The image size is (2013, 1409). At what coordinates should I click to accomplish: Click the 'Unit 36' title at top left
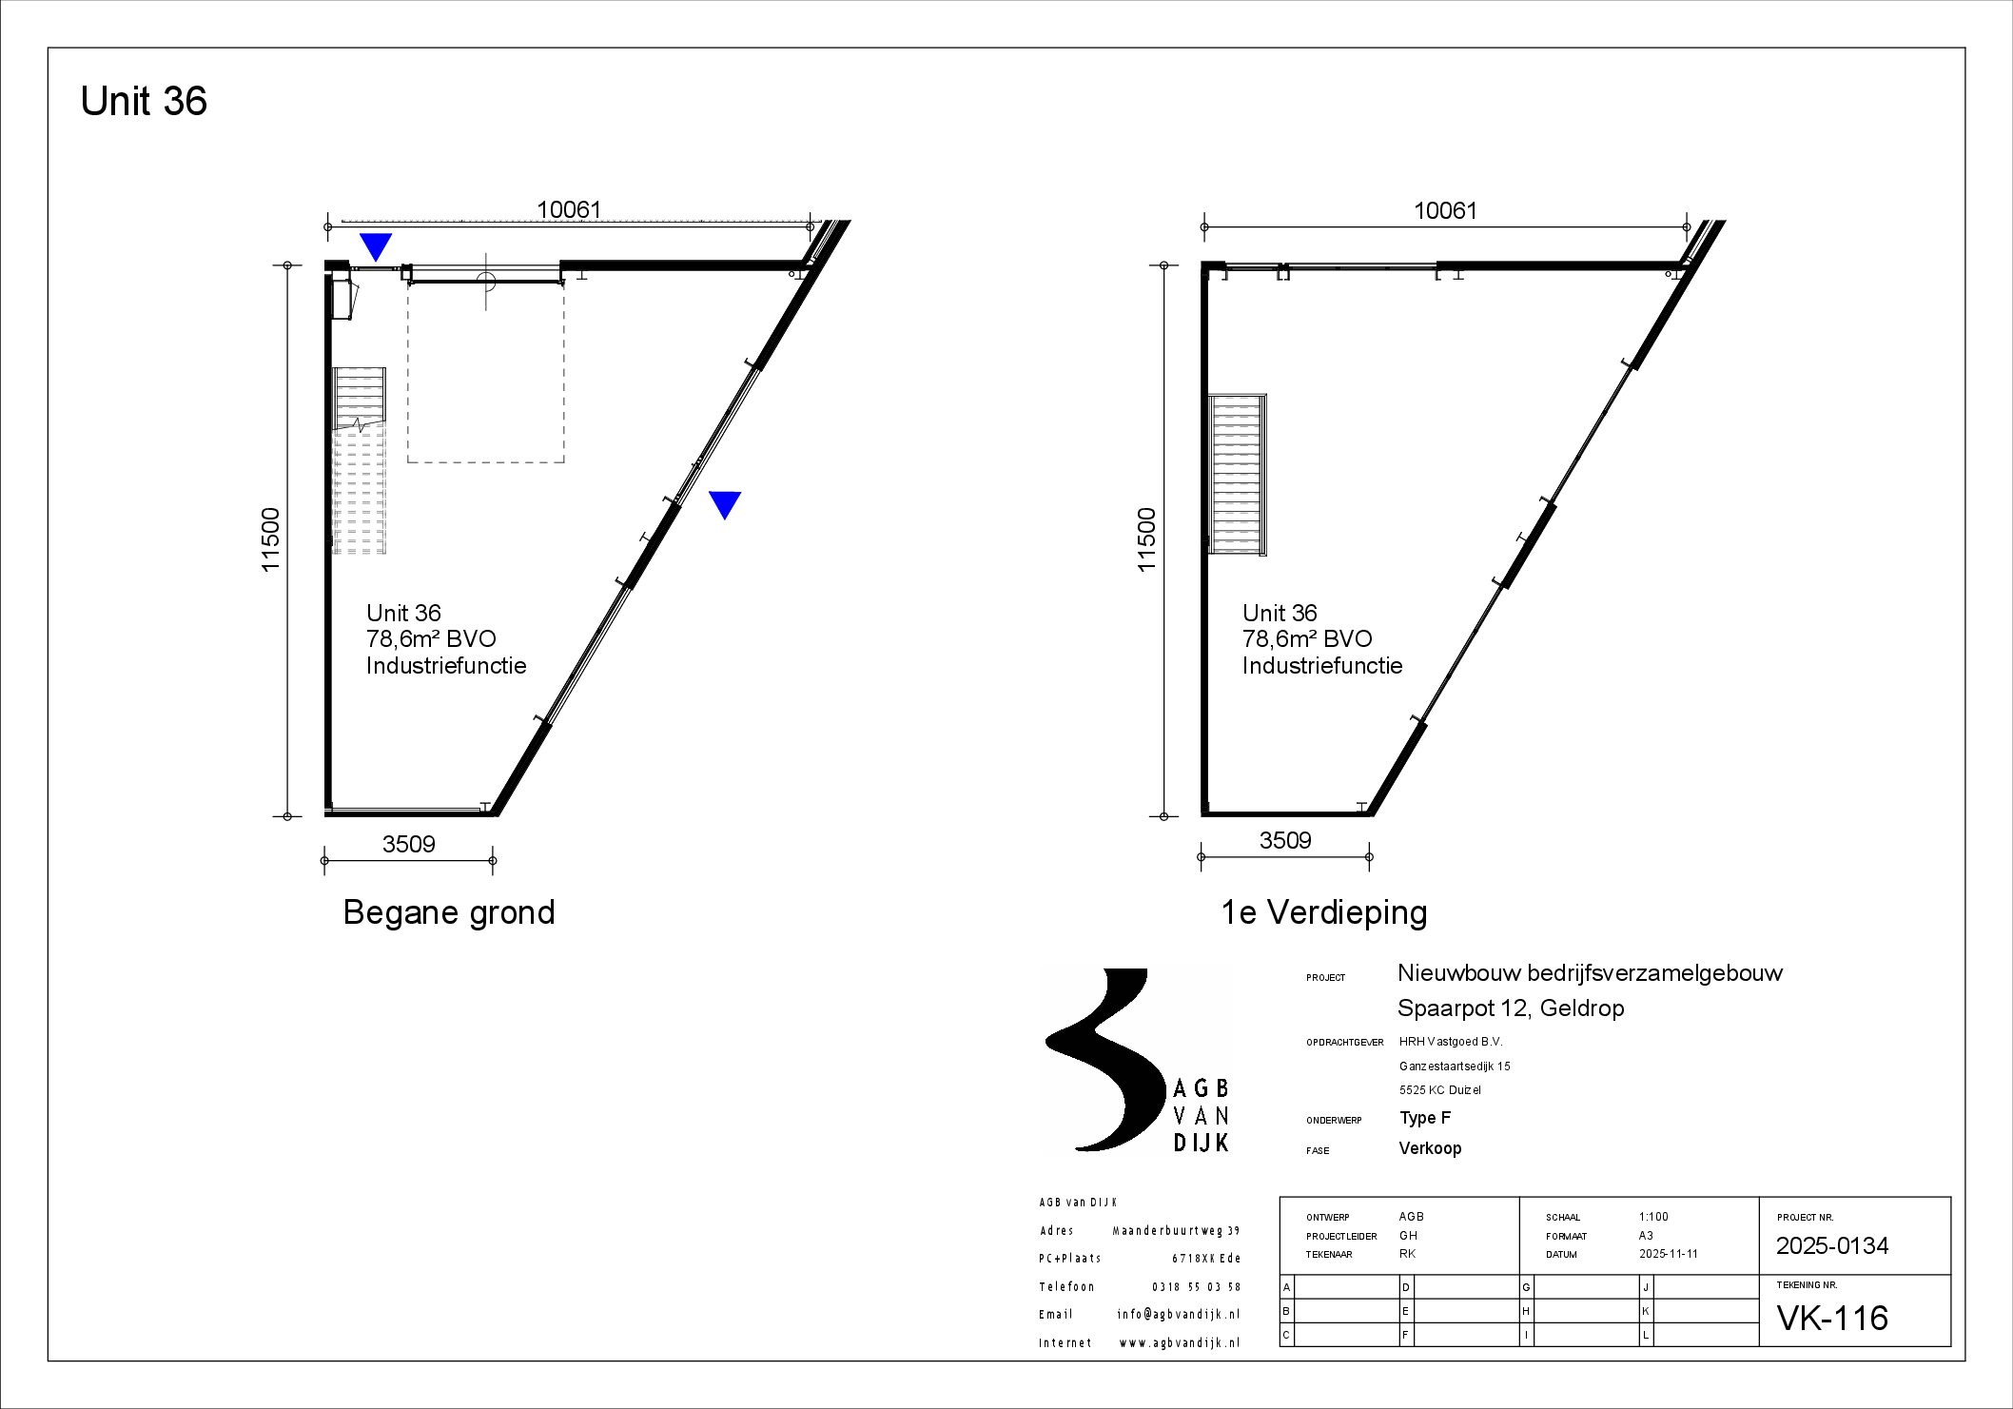(144, 101)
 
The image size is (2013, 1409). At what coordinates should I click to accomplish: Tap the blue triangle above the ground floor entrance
(376, 245)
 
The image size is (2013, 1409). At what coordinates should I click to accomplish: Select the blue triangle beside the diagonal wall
(725, 503)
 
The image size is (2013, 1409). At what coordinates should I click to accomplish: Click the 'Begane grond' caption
(448, 912)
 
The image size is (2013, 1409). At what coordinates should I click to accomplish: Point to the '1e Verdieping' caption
(1323, 912)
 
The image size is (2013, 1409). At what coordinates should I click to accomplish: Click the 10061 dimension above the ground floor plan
(569, 209)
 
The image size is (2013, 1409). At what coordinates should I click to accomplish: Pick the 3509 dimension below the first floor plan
(1284, 840)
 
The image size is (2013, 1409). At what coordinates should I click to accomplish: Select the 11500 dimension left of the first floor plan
(1146, 539)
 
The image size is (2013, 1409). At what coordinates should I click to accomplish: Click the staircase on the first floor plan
(1237, 473)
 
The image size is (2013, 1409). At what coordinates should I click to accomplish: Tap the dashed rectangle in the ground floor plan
(486, 372)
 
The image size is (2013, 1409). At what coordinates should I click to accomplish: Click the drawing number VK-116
(1831, 1318)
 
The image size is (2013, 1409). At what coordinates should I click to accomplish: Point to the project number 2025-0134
(1831, 1245)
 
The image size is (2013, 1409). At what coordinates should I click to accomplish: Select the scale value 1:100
(1653, 1217)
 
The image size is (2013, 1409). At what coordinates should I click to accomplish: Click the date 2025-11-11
(1668, 1254)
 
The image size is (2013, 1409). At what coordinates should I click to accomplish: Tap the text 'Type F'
(1424, 1118)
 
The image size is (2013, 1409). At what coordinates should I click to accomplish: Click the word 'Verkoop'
(1429, 1148)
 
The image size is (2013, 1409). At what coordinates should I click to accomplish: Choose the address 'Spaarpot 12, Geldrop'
(1510, 1008)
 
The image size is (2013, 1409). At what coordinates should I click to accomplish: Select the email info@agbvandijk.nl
(1178, 1314)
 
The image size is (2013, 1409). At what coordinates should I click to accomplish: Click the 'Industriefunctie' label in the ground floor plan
(446, 665)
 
